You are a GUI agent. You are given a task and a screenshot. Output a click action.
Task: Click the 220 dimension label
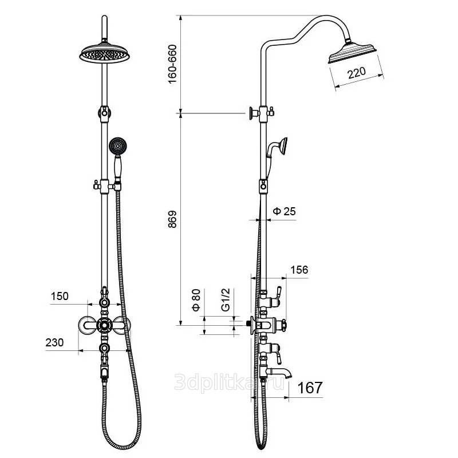(356, 73)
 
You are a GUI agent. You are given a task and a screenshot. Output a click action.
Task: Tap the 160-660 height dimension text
(173, 64)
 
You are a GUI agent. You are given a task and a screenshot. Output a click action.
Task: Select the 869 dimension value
(172, 219)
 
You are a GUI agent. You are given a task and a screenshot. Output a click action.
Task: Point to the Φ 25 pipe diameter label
(284, 211)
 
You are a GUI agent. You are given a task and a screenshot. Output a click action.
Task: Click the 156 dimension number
(299, 270)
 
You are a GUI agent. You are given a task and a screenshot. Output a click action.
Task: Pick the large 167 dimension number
(310, 388)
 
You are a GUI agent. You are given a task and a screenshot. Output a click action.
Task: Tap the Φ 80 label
(196, 300)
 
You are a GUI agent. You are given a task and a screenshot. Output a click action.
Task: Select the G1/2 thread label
(226, 299)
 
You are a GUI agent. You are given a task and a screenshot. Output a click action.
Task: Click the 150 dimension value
(60, 296)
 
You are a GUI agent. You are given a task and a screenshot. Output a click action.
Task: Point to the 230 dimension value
(54, 342)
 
